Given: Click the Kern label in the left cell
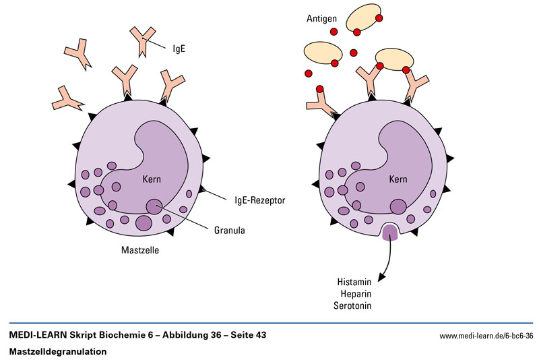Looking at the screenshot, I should tap(152, 180).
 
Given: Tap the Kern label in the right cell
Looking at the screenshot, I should tap(399, 180).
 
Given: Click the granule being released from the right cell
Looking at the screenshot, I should tap(390, 233).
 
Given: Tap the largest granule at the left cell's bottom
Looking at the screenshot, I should tap(144, 223).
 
